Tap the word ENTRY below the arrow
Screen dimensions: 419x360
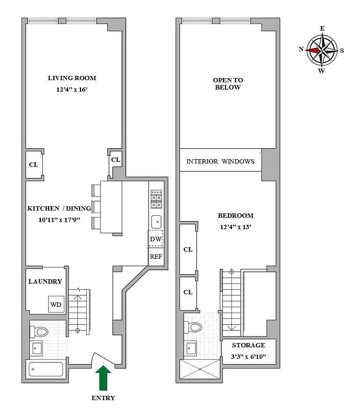tap(103, 398)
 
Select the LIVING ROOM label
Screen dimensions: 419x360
tap(72, 78)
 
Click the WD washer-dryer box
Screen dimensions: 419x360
tap(56, 304)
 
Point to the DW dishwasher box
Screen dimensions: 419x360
tap(155, 239)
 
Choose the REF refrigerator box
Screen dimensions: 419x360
tap(155, 257)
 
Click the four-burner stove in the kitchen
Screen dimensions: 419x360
tap(156, 199)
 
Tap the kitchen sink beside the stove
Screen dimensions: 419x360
tap(156, 220)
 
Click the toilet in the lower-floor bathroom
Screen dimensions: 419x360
tap(40, 331)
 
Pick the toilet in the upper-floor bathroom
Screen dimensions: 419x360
tap(194, 327)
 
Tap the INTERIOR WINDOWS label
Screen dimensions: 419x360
tap(220, 161)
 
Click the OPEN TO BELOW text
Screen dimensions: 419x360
tap(228, 84)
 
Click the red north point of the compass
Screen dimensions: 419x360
tap(314, 50)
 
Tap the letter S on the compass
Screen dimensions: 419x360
tap(342, 50)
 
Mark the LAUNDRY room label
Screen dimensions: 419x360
tap(45, 281)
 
